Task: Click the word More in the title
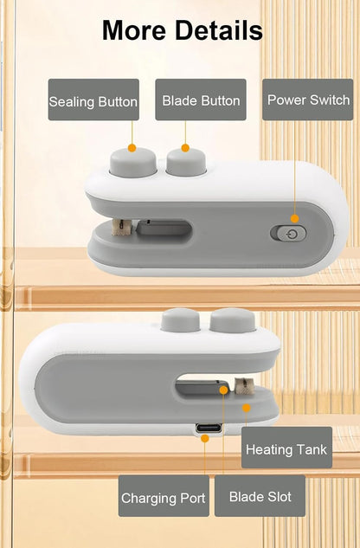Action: pyautogui.click(x=134, y=30)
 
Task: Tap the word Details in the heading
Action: pyautogui.click(x=219, y=30)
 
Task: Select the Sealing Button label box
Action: pyautogui.click(x=93, y=100)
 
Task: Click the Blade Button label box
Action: pyautogui.click(x=201, y=100)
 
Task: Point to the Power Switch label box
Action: pyautogui.click(x=307, y=100)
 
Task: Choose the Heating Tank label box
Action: pyautogui.click(x=286, y=448)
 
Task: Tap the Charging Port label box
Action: pyautogui.click(x=164, y=495)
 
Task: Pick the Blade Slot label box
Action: pyautogui.click(x=260, y=495)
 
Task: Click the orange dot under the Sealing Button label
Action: pyautogui.click(x=132, y=148)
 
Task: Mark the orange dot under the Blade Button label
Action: pyautogui.click(x=185, y=148)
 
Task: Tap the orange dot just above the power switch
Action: pyautogui.click(x=294, y=219)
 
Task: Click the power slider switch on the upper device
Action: pyautogui.click(x=288, y=234)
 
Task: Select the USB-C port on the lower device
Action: pyautogui.click(x=209, y=429)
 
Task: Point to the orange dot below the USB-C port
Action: pyautogui.click(x=205, y=438)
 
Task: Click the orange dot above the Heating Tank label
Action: pyautogui.click(x=246, y=408)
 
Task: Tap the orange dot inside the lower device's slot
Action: pyautogui.click(x=223, y=390)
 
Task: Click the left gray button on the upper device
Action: pyautogui.click(x=132, y=163)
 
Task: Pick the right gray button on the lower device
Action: pyautogui.click(x=233, y=319)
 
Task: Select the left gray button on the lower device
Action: pyautogui.click(x=180, y=319)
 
